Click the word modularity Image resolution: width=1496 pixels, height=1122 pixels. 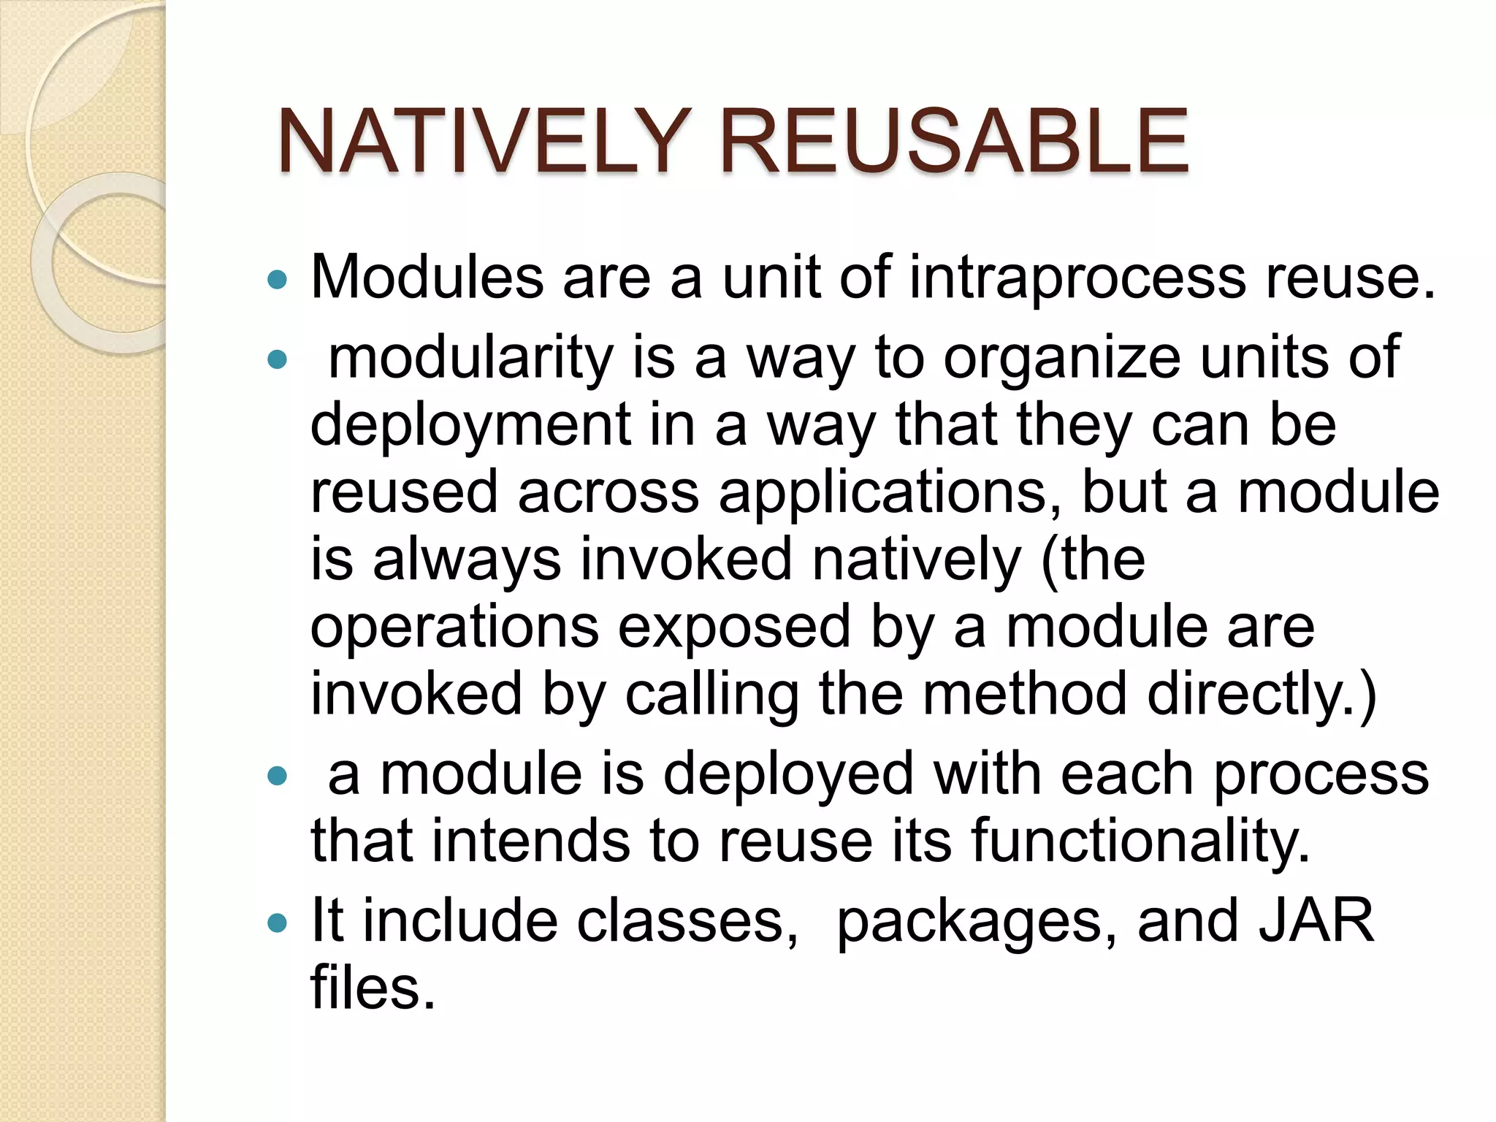[x=470, y=359]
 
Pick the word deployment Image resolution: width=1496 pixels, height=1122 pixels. [x=470, y=427]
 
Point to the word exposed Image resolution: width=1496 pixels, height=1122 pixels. [x=735, y=628]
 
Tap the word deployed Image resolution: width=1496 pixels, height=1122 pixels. [x=788, y=774]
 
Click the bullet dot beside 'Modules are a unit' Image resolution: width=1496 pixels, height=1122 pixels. [x=278, y=279]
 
